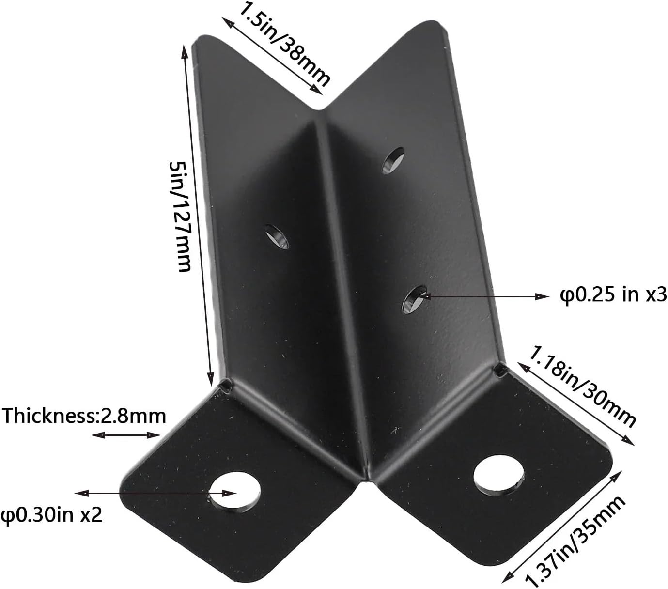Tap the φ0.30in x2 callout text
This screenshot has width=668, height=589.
pos(51,514)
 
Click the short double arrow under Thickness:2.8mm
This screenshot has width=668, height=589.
pos(126,435)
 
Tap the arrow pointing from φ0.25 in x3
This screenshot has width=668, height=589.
pos(484,295)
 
